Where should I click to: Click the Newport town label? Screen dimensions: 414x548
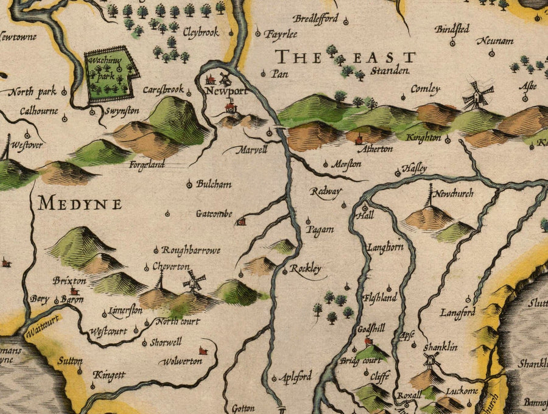click(x=227, y=92)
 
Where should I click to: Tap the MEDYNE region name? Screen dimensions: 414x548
click(x=79, y=204)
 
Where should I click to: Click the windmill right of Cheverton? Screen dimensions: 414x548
click(x=194, y=281)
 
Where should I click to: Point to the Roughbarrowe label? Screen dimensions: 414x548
click(x=191, y=250)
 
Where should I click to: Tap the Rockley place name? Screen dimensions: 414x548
click(x=305, y=268)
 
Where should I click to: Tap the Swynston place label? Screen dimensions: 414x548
click(x=119, y=111)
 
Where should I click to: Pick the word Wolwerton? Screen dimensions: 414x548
click(x=181, y=362)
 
